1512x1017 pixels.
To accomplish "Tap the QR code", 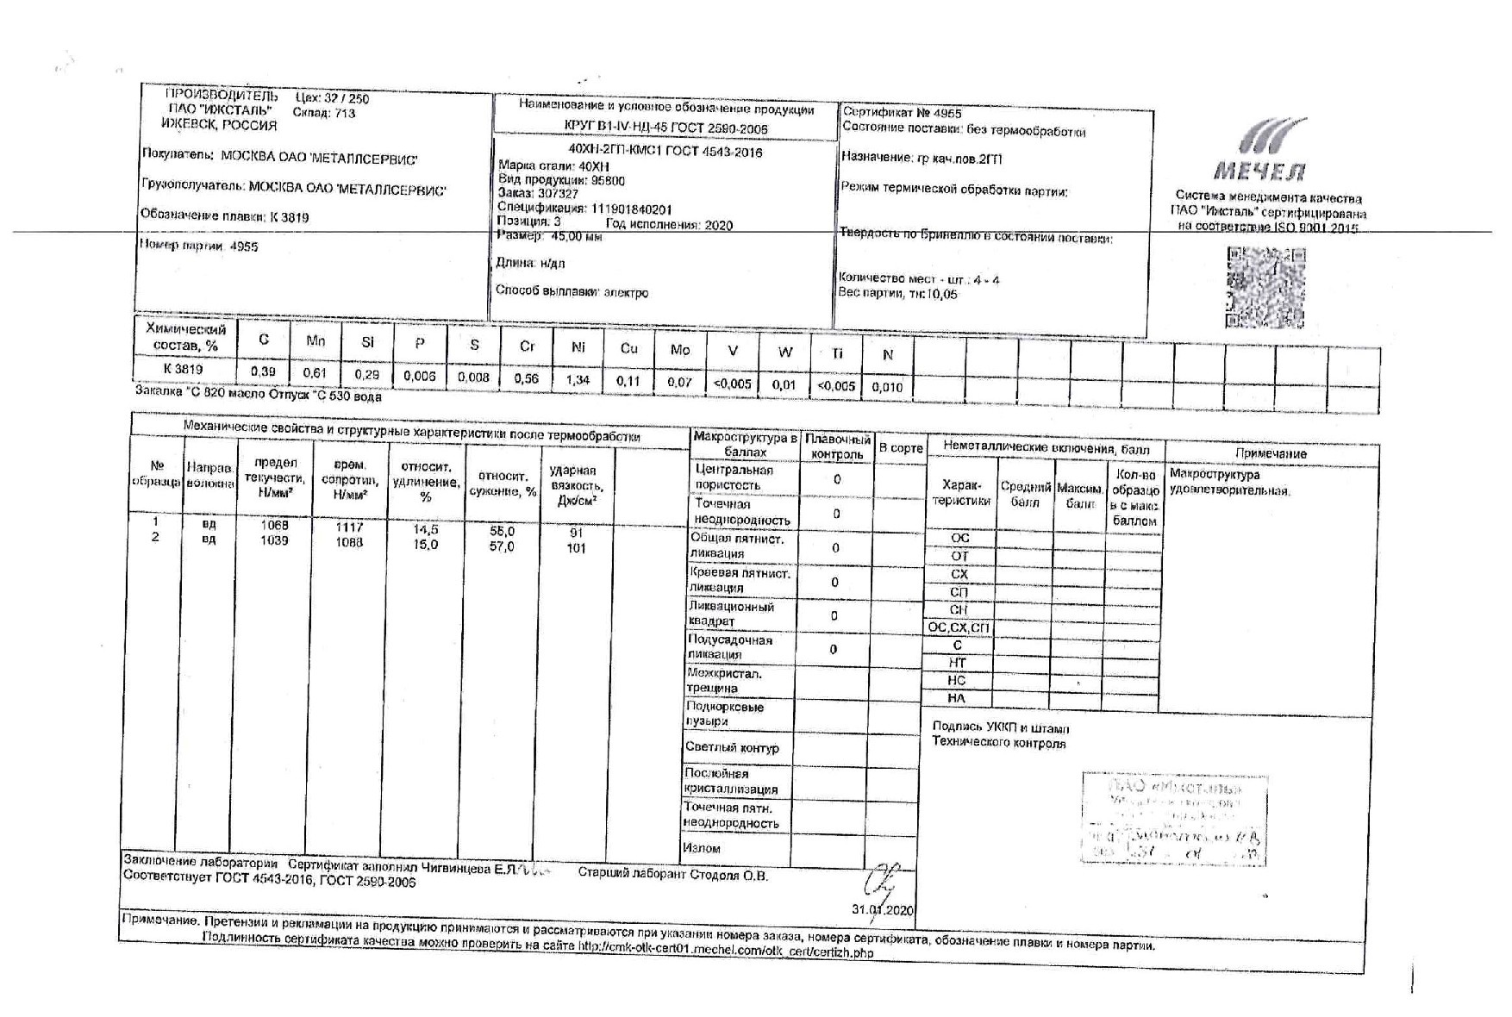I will click(1265, 288).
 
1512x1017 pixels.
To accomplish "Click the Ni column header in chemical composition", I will click(578, 347).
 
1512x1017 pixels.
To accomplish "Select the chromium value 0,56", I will click(526, 379).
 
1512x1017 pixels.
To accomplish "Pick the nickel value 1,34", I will click(578, 380).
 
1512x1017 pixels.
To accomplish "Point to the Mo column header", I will click(680, 349).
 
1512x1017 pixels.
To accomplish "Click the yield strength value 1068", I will click(274, 525).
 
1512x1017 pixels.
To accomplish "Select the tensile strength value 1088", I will click(349, 542).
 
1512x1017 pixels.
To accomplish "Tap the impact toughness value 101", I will click(576, 548).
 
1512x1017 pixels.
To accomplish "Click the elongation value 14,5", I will click(426, 530).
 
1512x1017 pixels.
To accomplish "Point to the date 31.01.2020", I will click(882, 909).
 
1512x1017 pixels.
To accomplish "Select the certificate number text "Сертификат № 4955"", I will click(902, 113).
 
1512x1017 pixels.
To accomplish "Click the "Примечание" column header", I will click(1271, 453).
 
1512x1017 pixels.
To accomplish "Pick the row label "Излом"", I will click(702, 848).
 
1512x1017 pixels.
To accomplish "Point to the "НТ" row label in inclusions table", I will click(957, 663).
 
